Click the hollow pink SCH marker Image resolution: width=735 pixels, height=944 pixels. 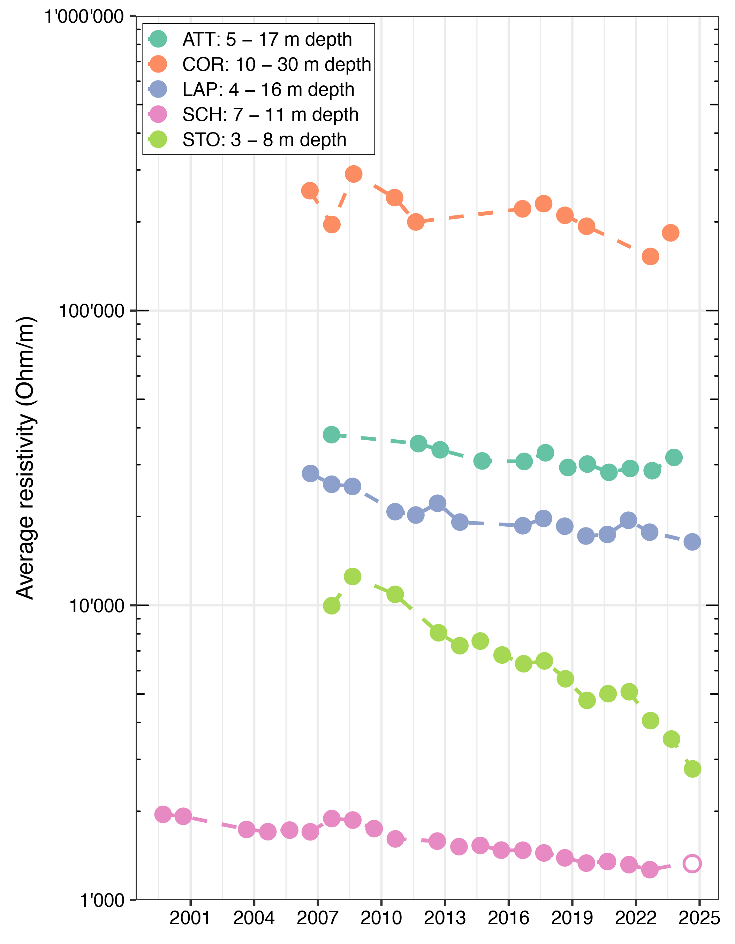click(692, 863)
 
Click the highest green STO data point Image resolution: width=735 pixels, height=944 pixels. click(353, 577)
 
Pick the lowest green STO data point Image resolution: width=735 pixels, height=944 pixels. click(692, 769)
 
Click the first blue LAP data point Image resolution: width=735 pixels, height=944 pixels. click(310, 473)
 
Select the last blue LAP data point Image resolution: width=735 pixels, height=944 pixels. click(692, 542)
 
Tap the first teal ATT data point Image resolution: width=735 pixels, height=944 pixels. click(332, 434)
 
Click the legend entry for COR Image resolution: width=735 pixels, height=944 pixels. click(277, 64)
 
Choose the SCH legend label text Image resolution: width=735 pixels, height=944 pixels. click(270, 115)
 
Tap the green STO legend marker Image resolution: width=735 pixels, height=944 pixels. click(158, 139)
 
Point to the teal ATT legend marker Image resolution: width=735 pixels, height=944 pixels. click(158, 39)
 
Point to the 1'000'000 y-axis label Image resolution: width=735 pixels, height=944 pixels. click(84, 17)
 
